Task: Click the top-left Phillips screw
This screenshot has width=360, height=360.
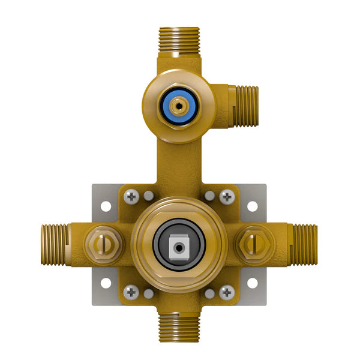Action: click(131, 196)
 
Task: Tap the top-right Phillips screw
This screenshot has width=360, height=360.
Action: click(227, 196)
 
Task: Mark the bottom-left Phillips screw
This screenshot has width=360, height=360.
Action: click(131, 292)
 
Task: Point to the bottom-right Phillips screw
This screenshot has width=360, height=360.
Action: click(226, 293)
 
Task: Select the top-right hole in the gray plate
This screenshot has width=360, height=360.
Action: click(253, 206)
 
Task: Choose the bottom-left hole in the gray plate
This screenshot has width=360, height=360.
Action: click(106, 283)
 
